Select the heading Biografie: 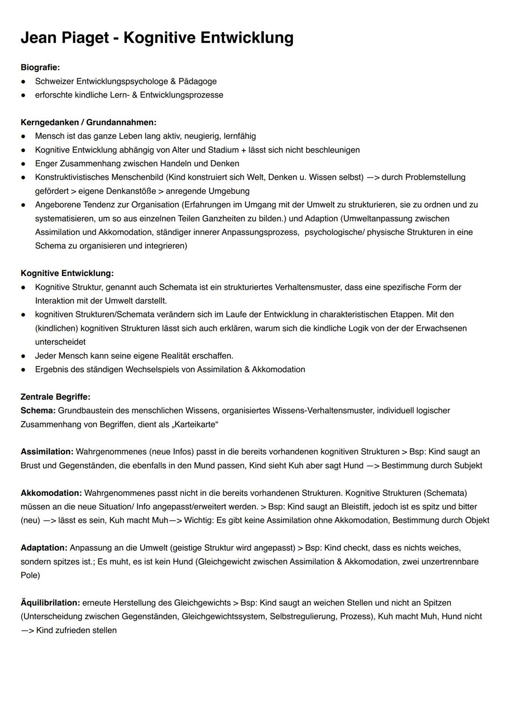40,68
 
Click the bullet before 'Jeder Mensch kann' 23,356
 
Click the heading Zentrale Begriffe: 55,397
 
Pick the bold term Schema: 38,411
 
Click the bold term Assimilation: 47,452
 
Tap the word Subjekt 466,465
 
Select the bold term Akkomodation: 51,493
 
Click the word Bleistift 351,507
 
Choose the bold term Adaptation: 44,548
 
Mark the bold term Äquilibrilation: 50,603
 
